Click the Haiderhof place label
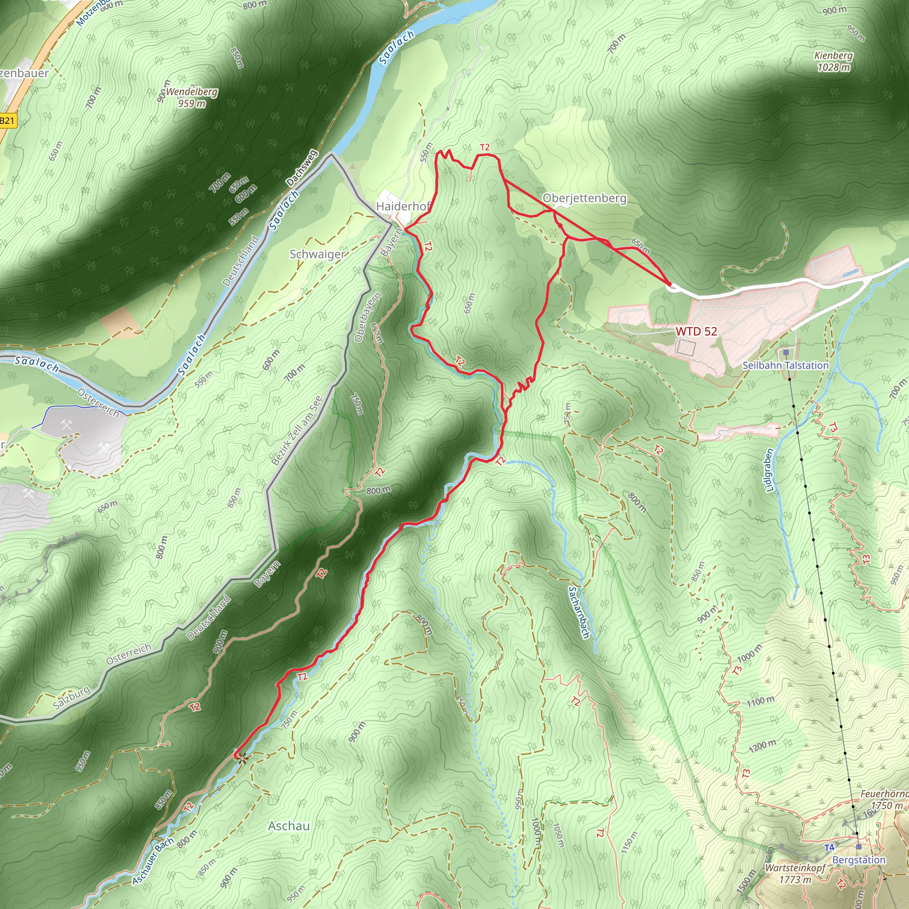[402, 206]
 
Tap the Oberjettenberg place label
[585, 198]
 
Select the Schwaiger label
[318, 254]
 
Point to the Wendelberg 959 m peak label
[191, 97]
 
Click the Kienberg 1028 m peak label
[834, 61]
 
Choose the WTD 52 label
[696, 331]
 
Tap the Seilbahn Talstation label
[785, 365]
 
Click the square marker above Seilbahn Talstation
[786, 352]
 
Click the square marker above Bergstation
[859, 847]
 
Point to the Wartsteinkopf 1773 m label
[795, 873]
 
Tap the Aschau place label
[289, 826]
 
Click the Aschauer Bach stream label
[154, 861]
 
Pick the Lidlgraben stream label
[770, 470]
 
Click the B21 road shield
[8, 121]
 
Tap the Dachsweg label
[301, 167]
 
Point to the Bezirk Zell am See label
[297, 431]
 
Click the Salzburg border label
[71, 698]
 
